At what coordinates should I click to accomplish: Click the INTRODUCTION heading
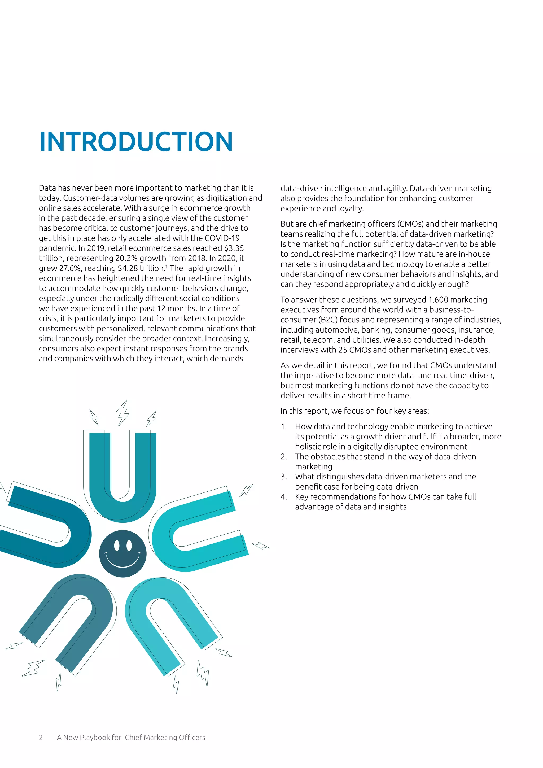coord(136,142)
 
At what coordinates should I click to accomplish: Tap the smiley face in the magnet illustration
coord(123,553)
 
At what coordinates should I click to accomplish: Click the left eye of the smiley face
coord(116,546)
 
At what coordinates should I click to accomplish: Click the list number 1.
coord(284,426)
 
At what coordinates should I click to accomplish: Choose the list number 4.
coord(284,497)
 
